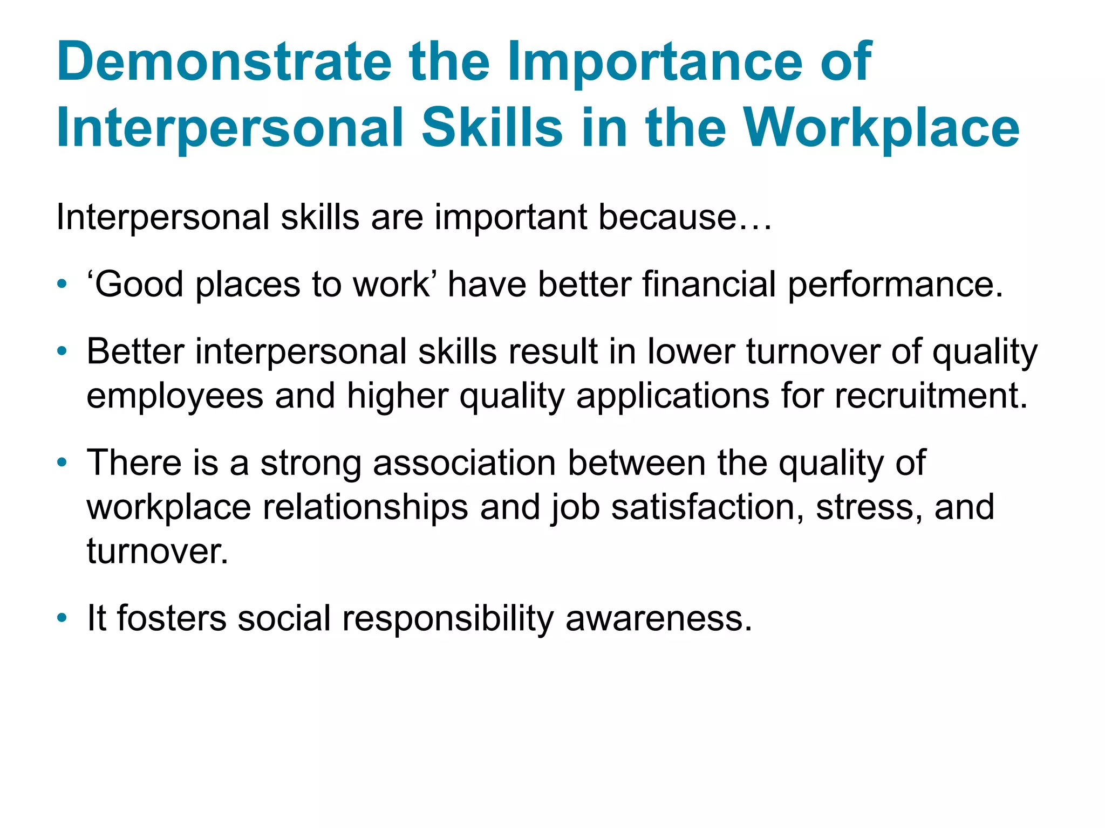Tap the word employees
[x=175, y=397]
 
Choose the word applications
[x=672, y=397]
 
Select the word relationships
[x=365, y=508]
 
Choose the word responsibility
[x=448, y=619]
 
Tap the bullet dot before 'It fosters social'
[x=63, y=618]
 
